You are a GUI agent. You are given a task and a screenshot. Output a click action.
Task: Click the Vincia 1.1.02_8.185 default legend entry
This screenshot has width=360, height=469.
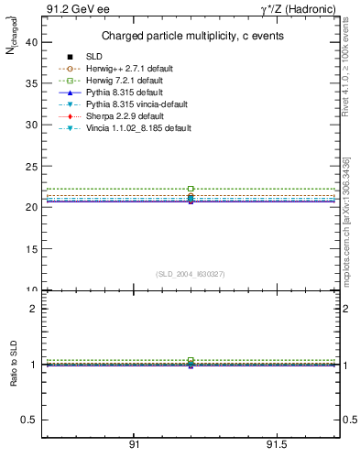(x=138, y=129)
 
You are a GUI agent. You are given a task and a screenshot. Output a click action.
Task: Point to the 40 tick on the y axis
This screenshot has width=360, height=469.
(x=30, y=42)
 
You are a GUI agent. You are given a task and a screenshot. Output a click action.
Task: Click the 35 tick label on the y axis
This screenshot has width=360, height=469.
(x=30, y=83)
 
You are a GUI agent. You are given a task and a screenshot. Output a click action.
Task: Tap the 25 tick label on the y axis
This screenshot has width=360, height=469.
(x=30, y=166)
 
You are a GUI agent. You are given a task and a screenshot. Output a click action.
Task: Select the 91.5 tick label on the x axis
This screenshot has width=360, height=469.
(x=276, y=444)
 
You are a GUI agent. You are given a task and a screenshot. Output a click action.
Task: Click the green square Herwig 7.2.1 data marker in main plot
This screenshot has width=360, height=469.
(x=191, y=189)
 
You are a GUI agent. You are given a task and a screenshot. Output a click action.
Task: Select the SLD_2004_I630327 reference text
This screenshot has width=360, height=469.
(x=191, y=274)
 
